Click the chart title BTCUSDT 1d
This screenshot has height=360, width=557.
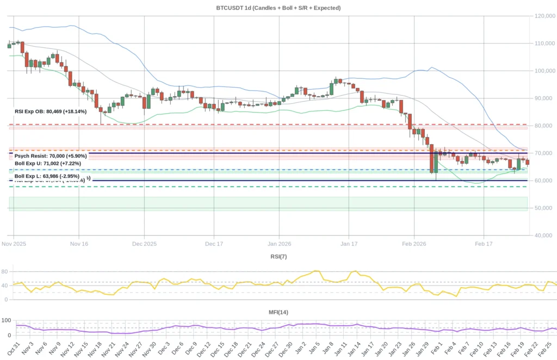point(278,8)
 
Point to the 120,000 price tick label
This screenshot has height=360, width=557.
point(544,16)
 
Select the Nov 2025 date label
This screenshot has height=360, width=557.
point(14,244)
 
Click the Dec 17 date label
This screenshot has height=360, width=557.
point(214,244)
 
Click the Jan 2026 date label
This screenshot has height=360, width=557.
point(278,244)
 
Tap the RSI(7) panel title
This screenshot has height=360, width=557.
point(278,256)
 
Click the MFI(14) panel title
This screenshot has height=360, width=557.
point(278,312)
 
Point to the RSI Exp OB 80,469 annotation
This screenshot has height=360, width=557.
point(49,111)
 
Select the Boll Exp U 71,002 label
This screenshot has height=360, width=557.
point(48,163)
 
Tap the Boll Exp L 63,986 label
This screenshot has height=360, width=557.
point(47,176)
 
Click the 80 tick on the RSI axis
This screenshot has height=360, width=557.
point(5,271)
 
